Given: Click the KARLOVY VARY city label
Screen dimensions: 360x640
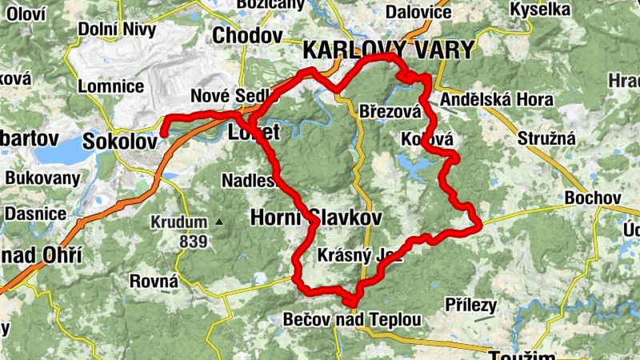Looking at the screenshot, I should click(x=388, y=50).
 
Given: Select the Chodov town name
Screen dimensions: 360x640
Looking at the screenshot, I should click(x=247, y=36).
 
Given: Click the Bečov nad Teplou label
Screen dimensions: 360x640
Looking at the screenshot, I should click(x=352, y=319).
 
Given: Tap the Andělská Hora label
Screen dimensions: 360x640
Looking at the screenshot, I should click(x=488, y=101).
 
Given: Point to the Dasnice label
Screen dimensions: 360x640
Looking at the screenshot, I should click(x=35, y=214).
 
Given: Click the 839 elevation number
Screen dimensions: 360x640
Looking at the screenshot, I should click(x=193, y=241).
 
